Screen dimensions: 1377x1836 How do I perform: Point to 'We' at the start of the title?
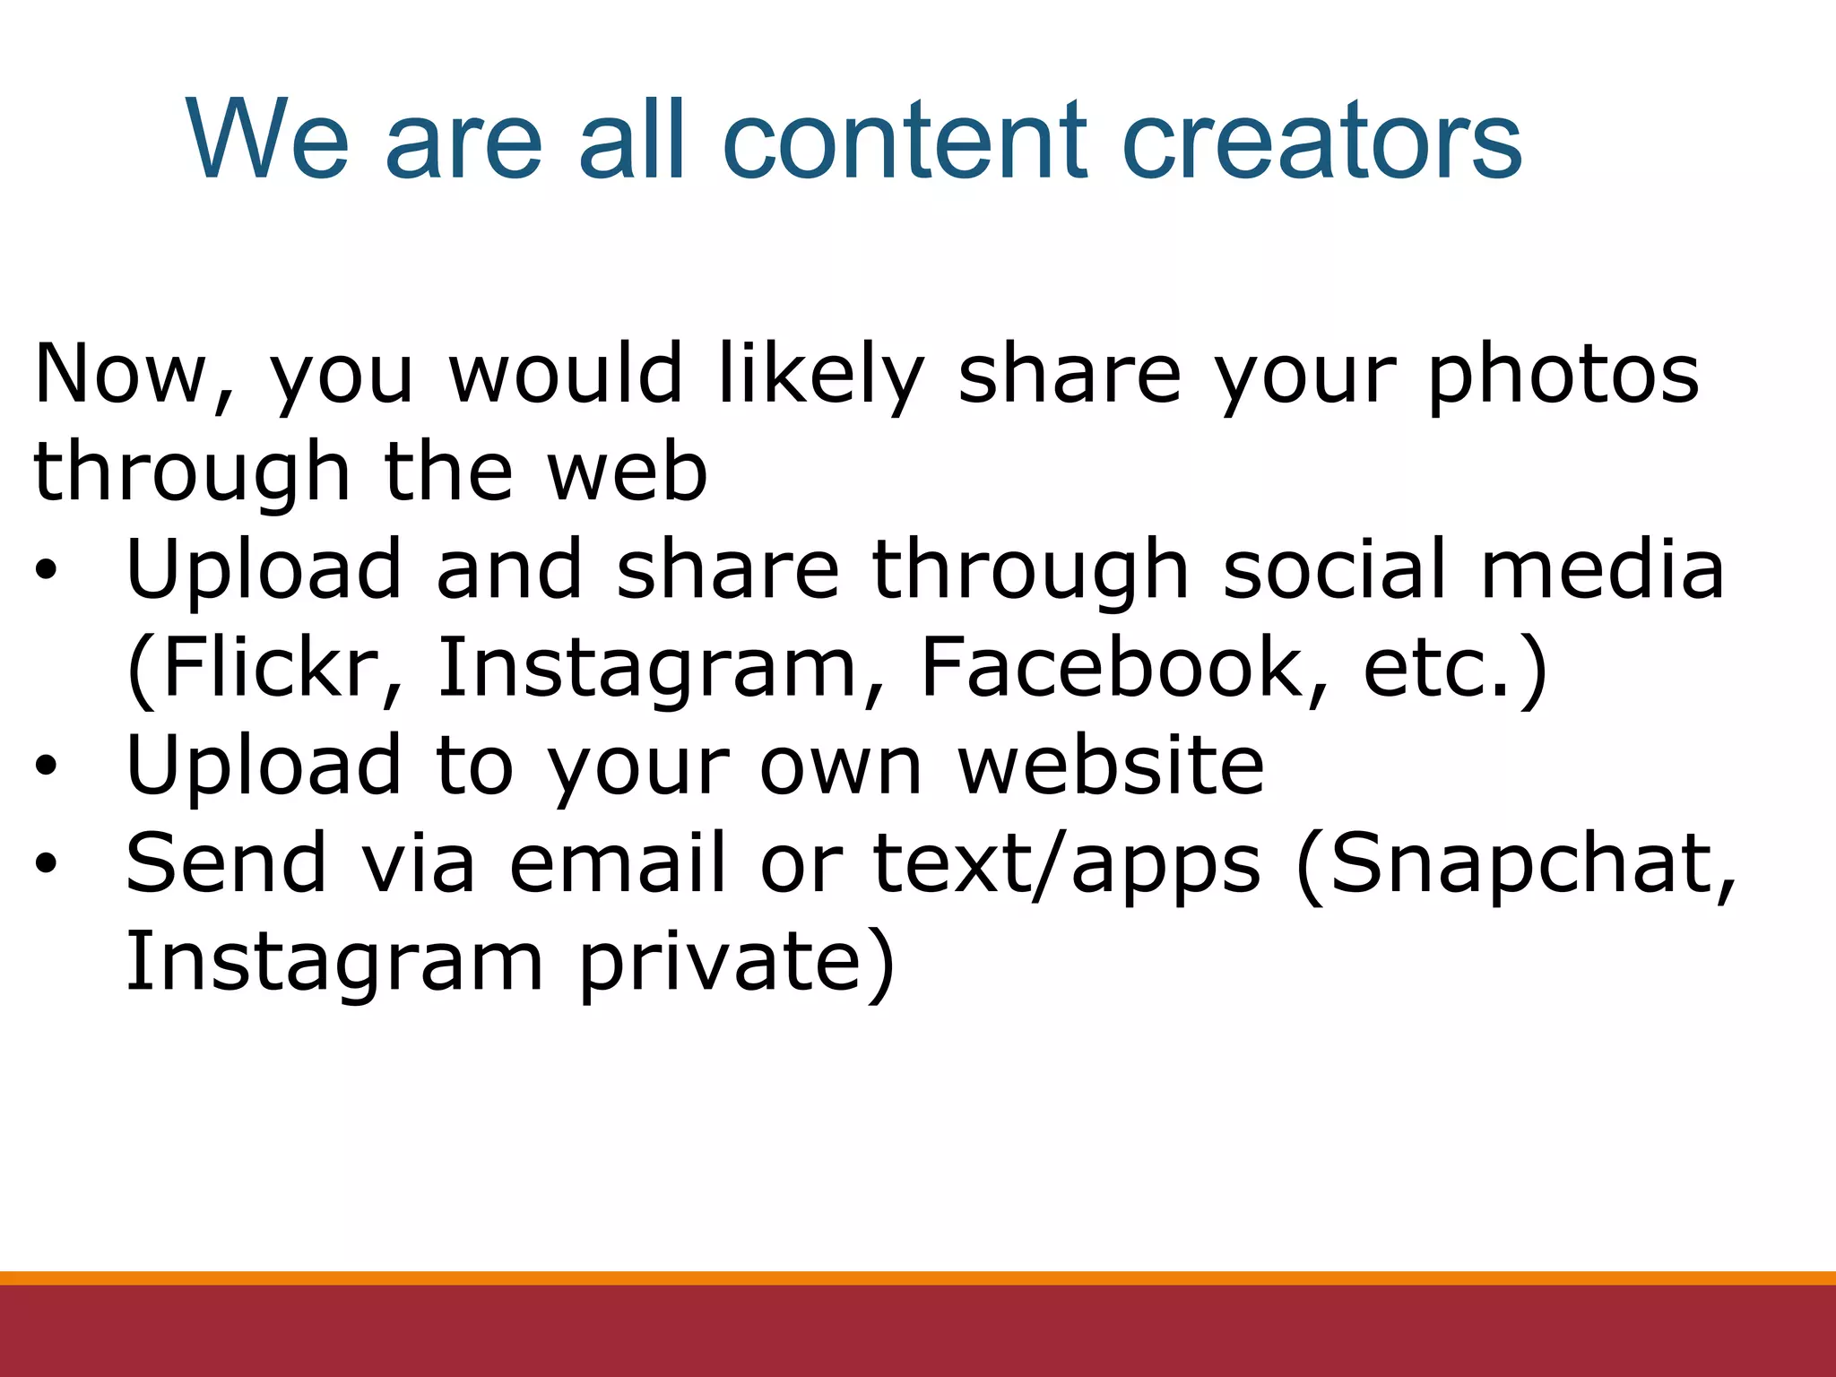267,141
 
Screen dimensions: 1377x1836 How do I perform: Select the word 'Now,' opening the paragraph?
134,375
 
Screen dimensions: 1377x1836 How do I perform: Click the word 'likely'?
820,375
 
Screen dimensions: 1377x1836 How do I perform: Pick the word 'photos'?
1563,375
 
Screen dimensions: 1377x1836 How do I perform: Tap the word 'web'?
628,472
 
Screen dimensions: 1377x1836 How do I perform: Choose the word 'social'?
1335,570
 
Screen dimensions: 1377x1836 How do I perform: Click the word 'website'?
1111,766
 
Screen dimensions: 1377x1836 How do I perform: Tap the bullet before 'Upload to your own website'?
47,766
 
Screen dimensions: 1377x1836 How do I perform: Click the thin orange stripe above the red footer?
918,1277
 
